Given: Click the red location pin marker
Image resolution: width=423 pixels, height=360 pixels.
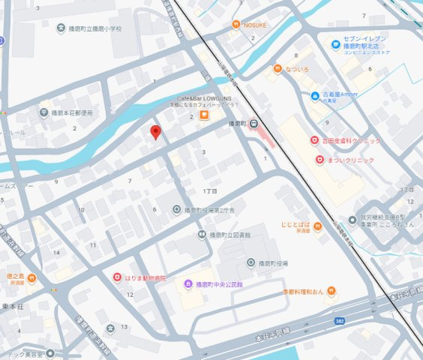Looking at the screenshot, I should pos(156,133).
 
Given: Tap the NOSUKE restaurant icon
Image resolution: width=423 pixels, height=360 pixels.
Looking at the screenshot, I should pos(235,24).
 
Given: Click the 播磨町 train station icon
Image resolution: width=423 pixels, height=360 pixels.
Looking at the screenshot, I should pos(254,124).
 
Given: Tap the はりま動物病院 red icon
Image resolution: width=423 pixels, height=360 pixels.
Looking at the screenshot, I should pos(117,277).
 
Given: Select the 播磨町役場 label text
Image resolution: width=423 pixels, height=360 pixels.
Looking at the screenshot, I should pos(273,263).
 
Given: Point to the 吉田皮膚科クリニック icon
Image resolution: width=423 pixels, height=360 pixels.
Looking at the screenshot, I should pos(315,141).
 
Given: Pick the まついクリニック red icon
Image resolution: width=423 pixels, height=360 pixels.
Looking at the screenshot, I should pos(319,159).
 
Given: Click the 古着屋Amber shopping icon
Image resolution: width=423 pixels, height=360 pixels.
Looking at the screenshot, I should pos(315,95).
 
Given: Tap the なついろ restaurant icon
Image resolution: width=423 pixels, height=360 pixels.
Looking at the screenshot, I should pos(277,68).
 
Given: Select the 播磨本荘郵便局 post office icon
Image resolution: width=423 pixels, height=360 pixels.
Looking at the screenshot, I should pos(43,112).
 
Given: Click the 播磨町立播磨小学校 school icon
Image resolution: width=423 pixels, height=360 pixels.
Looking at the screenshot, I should pos(61,28).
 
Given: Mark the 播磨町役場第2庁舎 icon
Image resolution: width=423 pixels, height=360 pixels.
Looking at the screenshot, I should pos(177,210).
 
